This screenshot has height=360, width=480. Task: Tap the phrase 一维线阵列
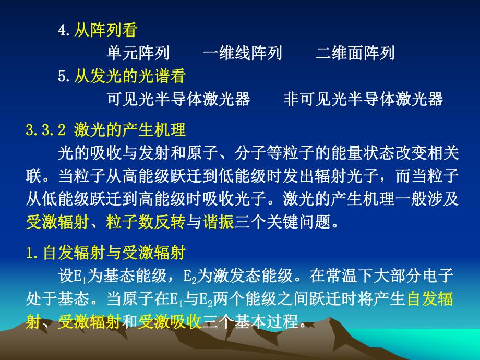243,53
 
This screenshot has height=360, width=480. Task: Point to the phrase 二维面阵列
355,53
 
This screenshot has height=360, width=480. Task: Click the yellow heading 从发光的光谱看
129,76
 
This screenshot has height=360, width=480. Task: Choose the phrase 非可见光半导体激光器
363,99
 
